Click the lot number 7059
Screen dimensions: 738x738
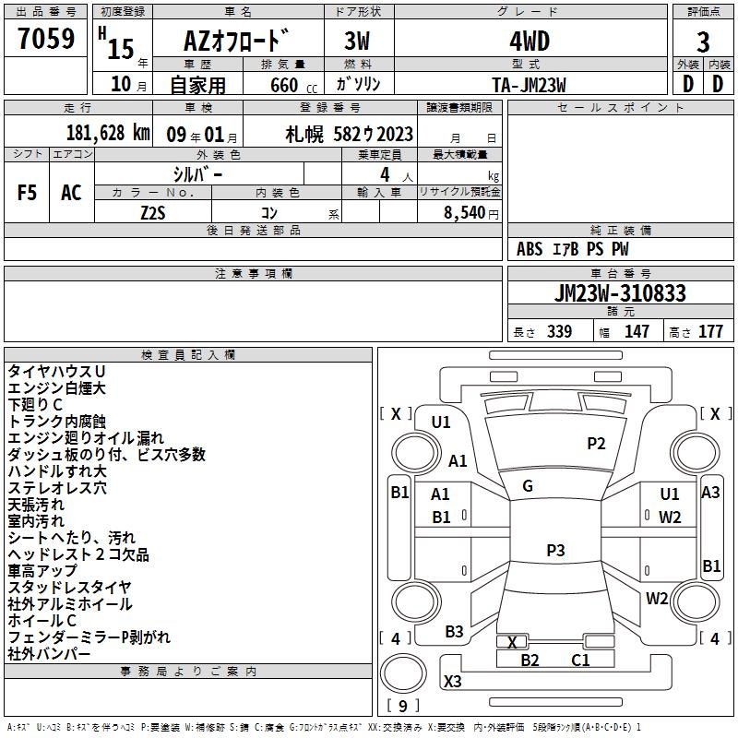click(x=46, y=38)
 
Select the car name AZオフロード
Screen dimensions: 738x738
click(x=236, y=41)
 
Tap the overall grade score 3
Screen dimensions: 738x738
click(x=703, y=42)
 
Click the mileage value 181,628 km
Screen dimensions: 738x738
click(x=108, y=133)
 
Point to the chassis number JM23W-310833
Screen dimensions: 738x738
click(x=620, y=293)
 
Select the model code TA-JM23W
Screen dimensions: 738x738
click(x=529, y=85)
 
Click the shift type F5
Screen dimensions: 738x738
click(x=27, y=193)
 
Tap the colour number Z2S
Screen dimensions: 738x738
click(x=153, y=213)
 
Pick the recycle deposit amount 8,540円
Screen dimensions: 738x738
click(x=471, y=213)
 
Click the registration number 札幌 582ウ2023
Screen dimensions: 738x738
click(x=350, y=135)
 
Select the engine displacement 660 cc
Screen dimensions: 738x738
click(x=293, y=85)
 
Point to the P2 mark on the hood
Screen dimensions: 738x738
click(x=596, y=444)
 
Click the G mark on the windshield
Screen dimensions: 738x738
click(x=528, y=486)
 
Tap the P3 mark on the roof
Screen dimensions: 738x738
click(x=555, y=550)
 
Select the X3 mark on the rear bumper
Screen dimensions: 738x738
click(x=452, y=681)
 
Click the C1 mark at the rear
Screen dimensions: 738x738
click(x=580, y=661)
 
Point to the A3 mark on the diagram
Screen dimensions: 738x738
click(x=710, y=493)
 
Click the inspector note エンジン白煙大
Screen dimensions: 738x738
click(x=56, y=388)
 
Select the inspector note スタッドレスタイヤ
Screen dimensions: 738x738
click(x=70, y=588)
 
